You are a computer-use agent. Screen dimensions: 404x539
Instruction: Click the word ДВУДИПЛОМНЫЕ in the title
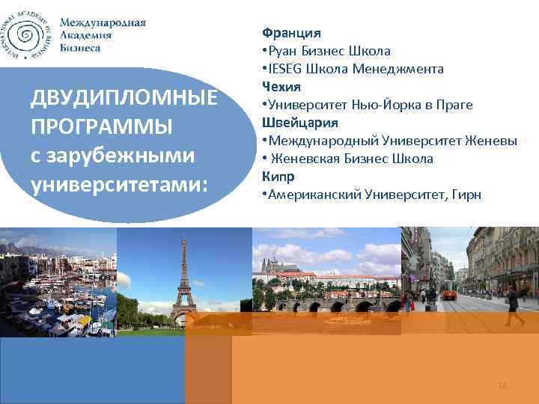123,99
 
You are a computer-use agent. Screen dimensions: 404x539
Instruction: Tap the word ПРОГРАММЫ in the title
91,127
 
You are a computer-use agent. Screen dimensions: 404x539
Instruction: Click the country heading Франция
291,33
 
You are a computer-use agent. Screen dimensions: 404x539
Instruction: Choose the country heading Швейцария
299,123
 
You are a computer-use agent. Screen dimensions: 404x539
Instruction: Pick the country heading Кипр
277,177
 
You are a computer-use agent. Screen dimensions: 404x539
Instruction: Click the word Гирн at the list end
466,195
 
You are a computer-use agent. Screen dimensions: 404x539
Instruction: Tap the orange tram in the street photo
449,294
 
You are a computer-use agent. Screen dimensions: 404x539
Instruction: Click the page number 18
502,385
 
